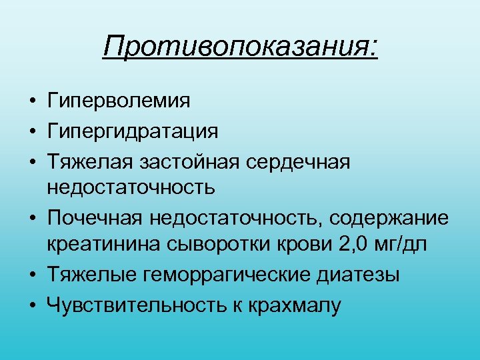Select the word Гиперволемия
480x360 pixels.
[118, 101]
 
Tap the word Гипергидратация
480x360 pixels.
[132, 131]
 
